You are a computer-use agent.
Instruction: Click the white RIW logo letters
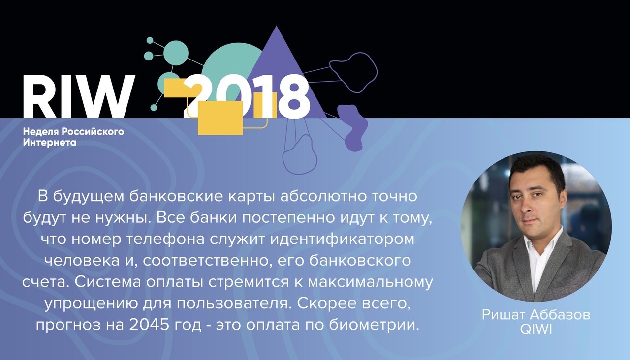[79, 96]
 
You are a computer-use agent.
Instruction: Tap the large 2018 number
[248, 96]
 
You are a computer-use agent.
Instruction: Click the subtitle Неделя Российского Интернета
[73, 137]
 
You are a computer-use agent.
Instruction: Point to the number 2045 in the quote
[149, 325]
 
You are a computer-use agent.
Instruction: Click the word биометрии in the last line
[374, 325]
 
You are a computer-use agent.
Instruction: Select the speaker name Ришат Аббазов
[536, 315]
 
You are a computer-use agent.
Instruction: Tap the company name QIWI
[536, 330]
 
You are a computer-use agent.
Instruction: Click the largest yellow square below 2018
[220, 118]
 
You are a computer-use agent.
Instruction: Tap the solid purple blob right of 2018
[353, 128]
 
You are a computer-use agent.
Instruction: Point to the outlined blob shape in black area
[353, 72]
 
